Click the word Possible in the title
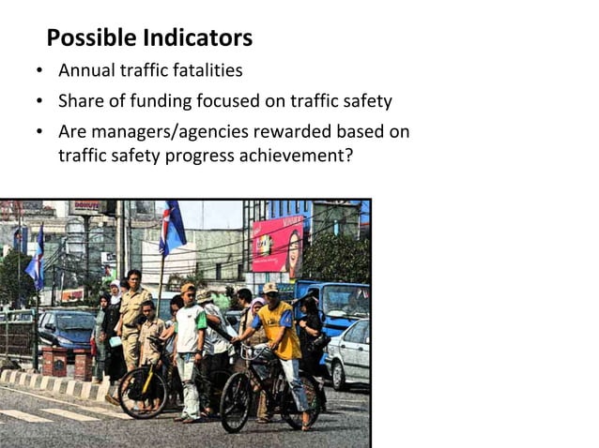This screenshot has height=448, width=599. (91, 38)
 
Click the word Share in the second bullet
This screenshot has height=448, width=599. (82, 101)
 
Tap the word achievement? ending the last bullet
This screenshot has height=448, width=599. (299, 156)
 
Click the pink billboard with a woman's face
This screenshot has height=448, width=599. (278, 243)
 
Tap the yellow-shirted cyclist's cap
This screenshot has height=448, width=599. (271, 288)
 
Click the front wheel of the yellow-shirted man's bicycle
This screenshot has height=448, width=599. (236, 401)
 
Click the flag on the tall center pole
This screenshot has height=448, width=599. (171, 229)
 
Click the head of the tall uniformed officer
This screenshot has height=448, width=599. (133, 278)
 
